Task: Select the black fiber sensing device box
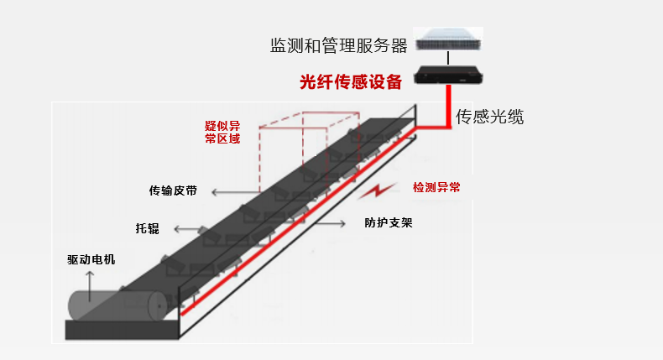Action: pos(449,77)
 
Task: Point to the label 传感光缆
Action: pos(489,117)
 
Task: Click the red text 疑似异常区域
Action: pos(222,132)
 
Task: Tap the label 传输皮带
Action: pos(173,190)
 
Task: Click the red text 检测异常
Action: pos(436,187)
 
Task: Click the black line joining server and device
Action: pos(449,58)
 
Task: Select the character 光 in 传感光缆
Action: pos(499,117)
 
